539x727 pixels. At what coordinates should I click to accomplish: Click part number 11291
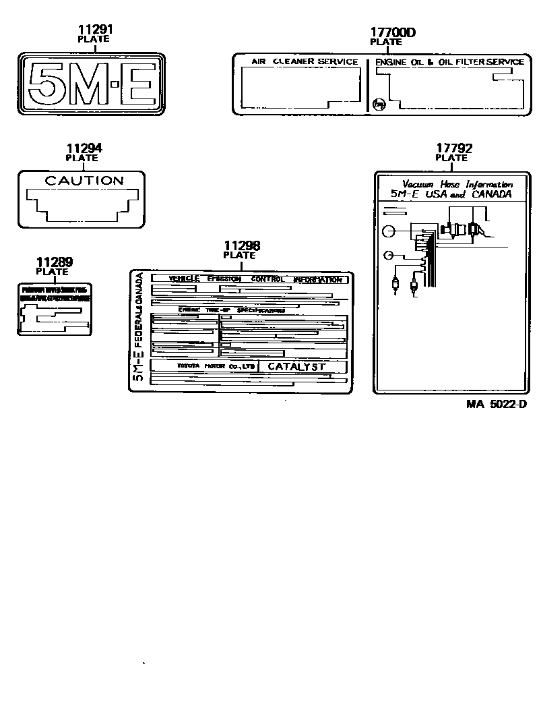point(95,30)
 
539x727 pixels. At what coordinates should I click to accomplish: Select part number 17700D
point(393,32)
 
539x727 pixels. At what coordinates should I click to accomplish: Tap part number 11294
point(84,148)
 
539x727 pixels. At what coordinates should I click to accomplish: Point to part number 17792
point(453,148)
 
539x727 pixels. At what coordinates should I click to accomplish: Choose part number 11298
point(241,246)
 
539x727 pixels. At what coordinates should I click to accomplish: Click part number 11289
point(55,262)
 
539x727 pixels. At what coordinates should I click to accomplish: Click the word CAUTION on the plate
point(84,181)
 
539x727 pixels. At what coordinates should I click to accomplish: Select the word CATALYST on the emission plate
point(296,367)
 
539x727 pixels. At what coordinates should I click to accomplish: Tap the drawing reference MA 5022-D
point(495,404)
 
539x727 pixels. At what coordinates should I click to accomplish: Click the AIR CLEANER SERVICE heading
point(305,62)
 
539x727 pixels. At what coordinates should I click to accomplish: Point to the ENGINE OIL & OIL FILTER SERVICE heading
point(449,62)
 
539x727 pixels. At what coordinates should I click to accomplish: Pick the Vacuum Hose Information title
point(457,184)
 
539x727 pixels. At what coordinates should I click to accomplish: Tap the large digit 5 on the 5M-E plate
point(44,86)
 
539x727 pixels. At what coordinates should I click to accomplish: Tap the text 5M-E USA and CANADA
point(451,194)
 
